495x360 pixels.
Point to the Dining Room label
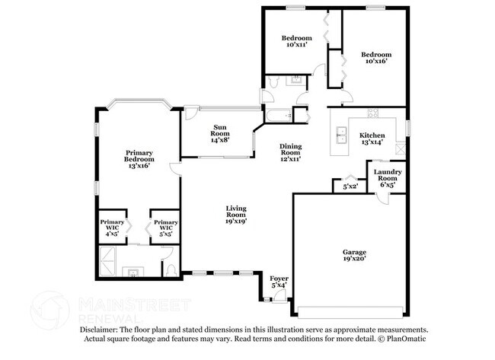coord(290,152)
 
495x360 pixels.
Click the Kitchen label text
coord(372,139)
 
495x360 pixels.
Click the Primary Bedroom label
coord(139,158)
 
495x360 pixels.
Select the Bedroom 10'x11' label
coord(296,41)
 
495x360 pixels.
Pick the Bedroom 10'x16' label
coord(376,58)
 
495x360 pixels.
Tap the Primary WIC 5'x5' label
coord(166,227)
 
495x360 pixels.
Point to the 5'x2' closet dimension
coord(350,186)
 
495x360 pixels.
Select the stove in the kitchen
coord(373,114)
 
